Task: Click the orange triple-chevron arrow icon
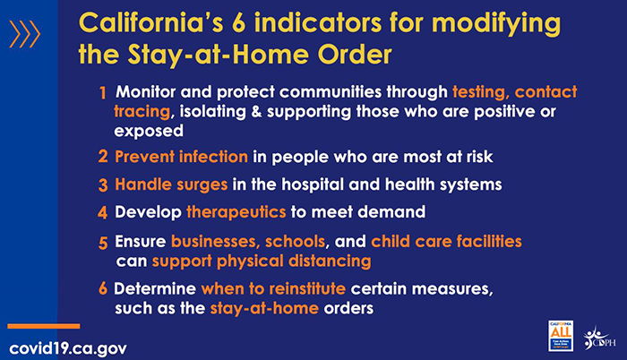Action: (x=25, y=34)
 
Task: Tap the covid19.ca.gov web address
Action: (x=68, y=348)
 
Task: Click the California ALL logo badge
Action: (x=561, y=336)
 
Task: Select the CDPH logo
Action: (x=599, y=339)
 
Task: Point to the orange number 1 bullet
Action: (x=103, y=93)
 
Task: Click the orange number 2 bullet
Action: (x=103, y=157)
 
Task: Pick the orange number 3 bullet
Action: (x=103, y=184)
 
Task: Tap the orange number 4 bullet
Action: (x=102, y=212)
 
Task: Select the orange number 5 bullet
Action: (x=103, y=243)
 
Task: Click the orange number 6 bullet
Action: (x=103, y=288)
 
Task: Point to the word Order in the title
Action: (x=355, y=55)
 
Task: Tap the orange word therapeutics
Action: (x=236, y=212)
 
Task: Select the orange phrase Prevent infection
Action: (x=181, y=157)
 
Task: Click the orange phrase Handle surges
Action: (x=171, y=184)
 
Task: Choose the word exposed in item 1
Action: (x=149, y=132)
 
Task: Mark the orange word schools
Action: (x=295, y=242)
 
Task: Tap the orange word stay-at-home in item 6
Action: (x=264, y=308)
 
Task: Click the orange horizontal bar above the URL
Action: (x=44, y=326)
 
